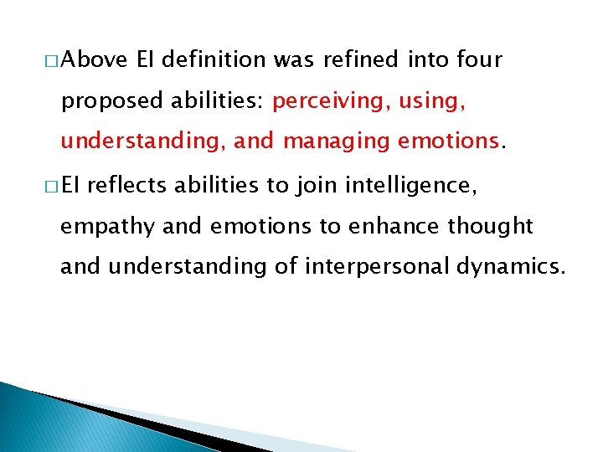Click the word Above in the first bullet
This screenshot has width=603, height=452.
(93, 60)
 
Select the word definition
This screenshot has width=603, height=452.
(214, 60)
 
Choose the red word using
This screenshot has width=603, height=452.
(435, 102)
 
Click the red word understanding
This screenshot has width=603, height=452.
(139, 141)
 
